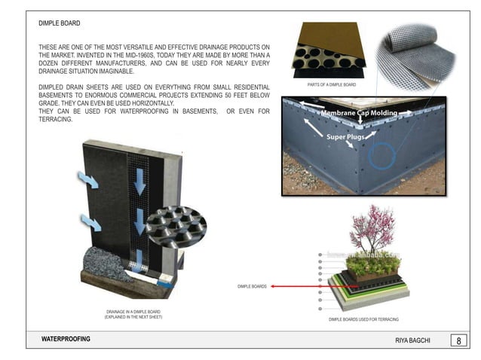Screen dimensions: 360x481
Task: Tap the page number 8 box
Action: point(458,340)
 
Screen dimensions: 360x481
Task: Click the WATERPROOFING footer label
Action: point(66,340)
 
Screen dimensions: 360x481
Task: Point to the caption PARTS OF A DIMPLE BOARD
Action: point(331,85)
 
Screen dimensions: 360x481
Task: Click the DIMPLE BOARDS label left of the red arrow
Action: point(253,287)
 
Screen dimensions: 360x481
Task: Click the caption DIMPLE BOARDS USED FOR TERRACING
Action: point(363,320)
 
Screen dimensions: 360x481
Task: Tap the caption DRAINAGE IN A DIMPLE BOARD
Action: point(133,312)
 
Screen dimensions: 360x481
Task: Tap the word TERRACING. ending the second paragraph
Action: point(56,120)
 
